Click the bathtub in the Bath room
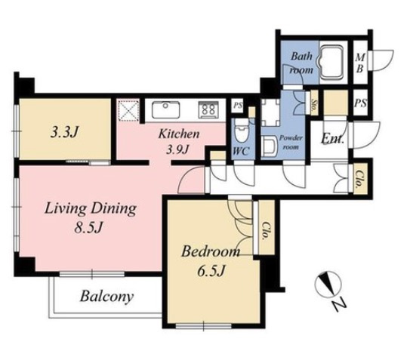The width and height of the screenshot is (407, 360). pyautogui.click(x=331, y=62)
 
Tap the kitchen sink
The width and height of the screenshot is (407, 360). pyautogui.click(x=166, y=109)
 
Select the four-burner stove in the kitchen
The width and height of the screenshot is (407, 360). pyautogui.click(x=208, y=109)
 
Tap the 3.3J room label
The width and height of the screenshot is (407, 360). pyautogui.click(x=65, y=133)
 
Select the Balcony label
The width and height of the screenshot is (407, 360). pyautogui.click(x=106, y=297)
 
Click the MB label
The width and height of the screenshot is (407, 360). pyautogui.click(x=360, y=63)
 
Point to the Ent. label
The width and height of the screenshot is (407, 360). pyautogui.click(x=332, y=139)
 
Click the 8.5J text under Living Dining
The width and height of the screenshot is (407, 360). pyautogui.click(x=88, y=228)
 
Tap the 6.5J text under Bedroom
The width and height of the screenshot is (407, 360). pyautogui.click(x=210, y=271)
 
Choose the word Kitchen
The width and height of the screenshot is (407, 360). pyautogui.click(x=179, y=134)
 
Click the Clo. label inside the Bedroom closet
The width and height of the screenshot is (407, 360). pyautogui.click(x=266, y=231)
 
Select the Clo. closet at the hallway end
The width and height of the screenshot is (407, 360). pyautogui.click(x=360, y=178)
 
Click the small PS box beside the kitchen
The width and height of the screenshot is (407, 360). pyautogui.click(x=238, y=106)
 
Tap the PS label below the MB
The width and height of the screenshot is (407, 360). pyautogui.click(x=361, y=103)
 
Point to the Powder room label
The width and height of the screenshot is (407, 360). pyautogui.click(x=291, y=143)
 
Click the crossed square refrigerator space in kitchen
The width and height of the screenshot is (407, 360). pyautogui.click(x=128, y=110)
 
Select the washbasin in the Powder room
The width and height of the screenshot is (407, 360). pyautogui.click(x=269, y=147)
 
